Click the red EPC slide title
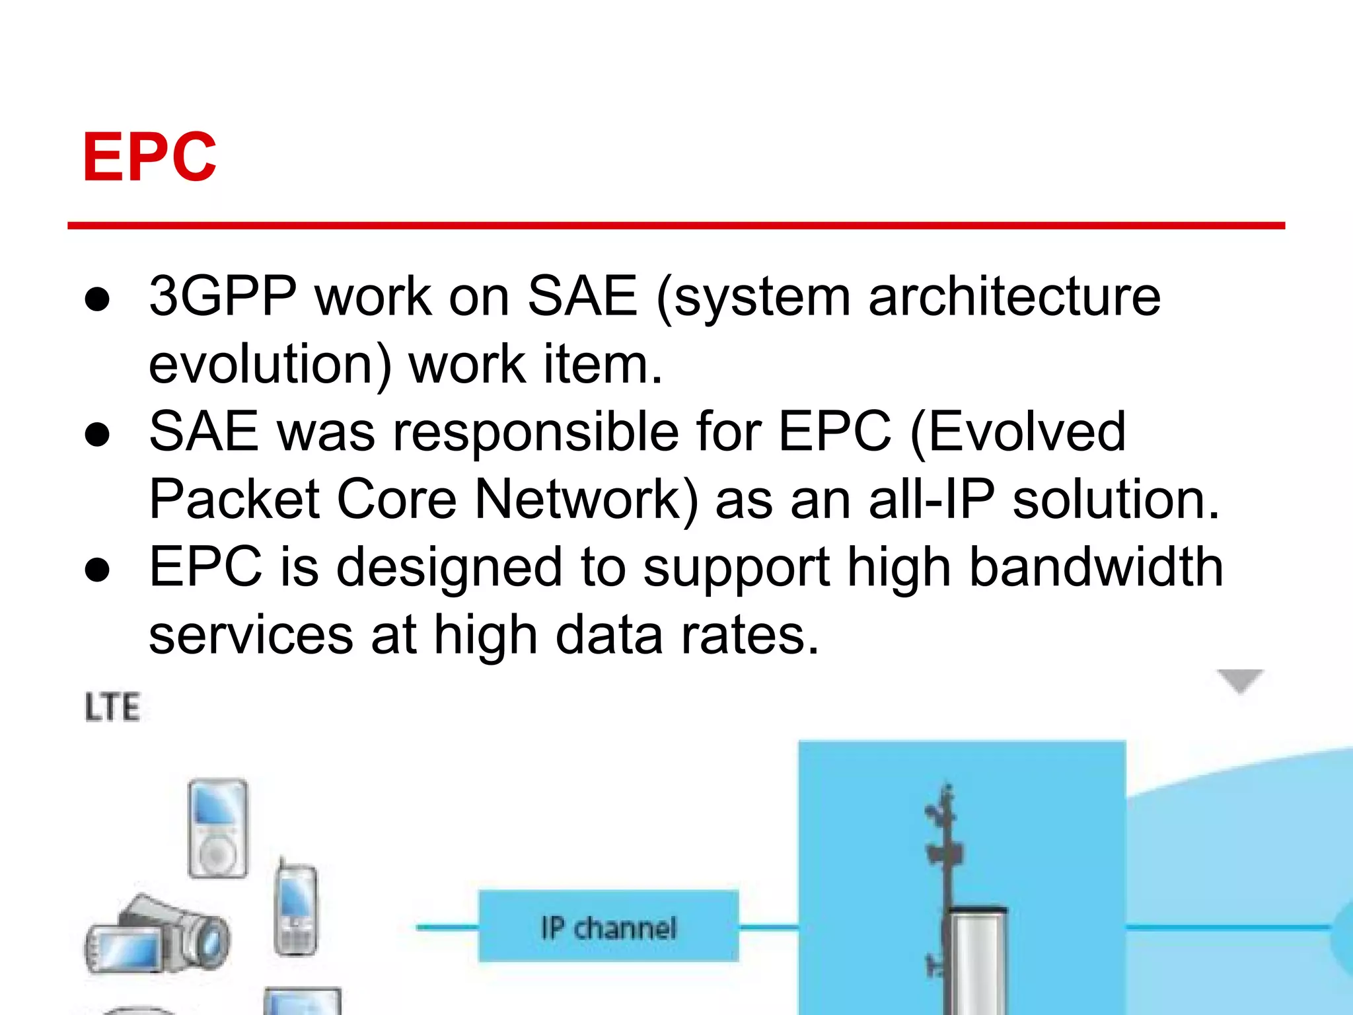point(149,157)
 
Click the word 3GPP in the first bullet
point(223,297)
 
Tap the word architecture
point(1014,297)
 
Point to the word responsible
point(536,432)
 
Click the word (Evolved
point(1017,432)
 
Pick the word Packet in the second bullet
point(235,500)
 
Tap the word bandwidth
point(1096,568)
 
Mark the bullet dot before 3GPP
point(97,299)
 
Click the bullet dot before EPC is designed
point(97,570)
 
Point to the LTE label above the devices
point(112,708)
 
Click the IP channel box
point(608,927)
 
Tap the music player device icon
point(218,829)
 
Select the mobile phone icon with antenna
point(295,909)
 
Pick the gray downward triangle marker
point(1240,680)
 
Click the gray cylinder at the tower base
point(977,961)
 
